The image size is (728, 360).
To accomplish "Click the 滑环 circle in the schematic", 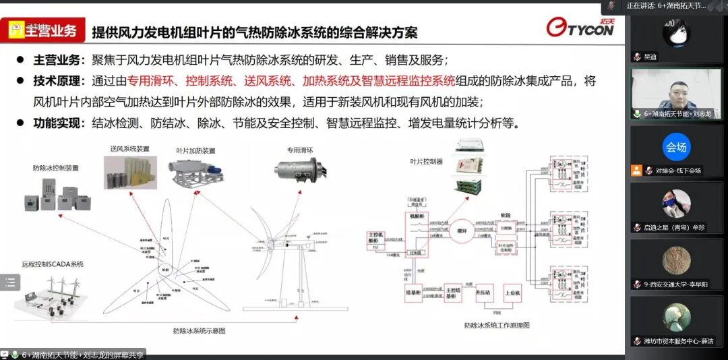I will pyautogui.click(x=462, y=229).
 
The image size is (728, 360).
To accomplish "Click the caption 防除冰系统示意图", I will pyautogui.click(x=199, y=331).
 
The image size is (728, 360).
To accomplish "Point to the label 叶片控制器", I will pyautogui.click(x=427, y=162).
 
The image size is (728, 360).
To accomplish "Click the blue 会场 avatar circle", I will pyautogui.click(x=675, y=147).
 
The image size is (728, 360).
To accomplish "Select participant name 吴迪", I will pyautogui.click(x=650, y=57).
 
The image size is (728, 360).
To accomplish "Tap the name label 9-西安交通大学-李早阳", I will pyautogui.click(x=676, y=284).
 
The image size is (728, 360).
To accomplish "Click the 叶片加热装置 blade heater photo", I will pyautogui.click(x=195, y=171).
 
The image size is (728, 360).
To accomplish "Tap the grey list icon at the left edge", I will pyautogui.click(x=9, y=282).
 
